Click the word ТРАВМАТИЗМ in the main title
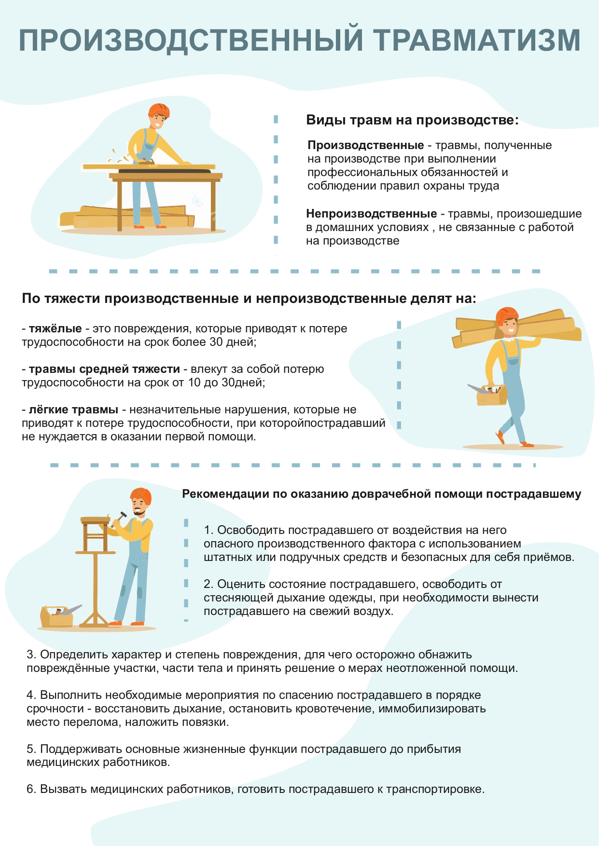point(477,40)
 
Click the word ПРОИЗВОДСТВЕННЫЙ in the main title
point(191,40)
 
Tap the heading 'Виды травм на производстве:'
point(412,120)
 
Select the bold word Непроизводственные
point(371,214)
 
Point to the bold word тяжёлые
point(55,328)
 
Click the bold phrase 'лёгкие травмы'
point(73,409)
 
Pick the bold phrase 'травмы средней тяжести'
point(104,369)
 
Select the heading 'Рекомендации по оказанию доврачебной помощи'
point(381,494)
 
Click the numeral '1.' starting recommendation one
point(209,530)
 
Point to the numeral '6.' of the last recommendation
point(31,789)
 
